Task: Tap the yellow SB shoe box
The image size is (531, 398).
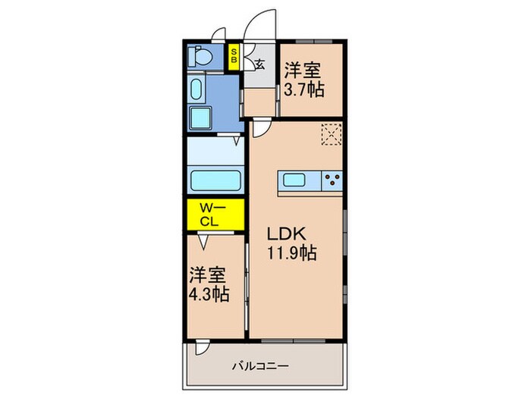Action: [234, 56]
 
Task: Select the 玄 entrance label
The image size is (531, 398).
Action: [259, 64]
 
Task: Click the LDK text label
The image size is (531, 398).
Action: [284, 232]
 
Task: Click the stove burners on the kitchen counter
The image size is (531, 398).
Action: [331, 180]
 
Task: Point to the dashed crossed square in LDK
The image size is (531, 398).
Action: [331, 134]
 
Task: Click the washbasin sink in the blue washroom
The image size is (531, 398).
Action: [196, 89]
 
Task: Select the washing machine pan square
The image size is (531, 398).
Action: [203, 118]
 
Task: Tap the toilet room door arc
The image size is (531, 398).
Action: [218, 33]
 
